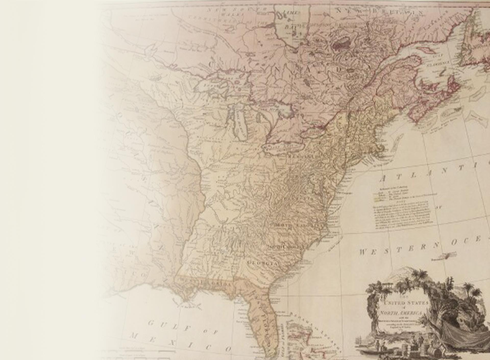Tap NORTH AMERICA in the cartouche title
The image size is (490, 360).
pyautogui.click(x=401, y=313)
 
